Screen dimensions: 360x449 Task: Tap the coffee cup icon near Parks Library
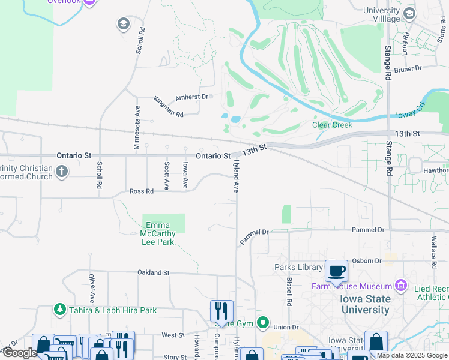337,271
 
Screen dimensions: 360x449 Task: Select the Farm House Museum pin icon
400,285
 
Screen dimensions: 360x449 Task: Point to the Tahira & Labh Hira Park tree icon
60,310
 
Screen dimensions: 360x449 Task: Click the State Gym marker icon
262,323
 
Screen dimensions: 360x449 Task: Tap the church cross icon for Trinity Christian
61,173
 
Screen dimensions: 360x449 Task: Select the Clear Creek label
332,125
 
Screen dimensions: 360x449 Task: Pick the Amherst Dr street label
191,97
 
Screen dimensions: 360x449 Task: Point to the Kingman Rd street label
167,106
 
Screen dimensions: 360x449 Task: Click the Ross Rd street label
142,191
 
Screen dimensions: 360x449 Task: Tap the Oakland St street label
153,272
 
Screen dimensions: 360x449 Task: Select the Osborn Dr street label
367,260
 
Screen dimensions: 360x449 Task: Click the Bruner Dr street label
409,70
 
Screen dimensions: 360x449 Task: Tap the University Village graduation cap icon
409,14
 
